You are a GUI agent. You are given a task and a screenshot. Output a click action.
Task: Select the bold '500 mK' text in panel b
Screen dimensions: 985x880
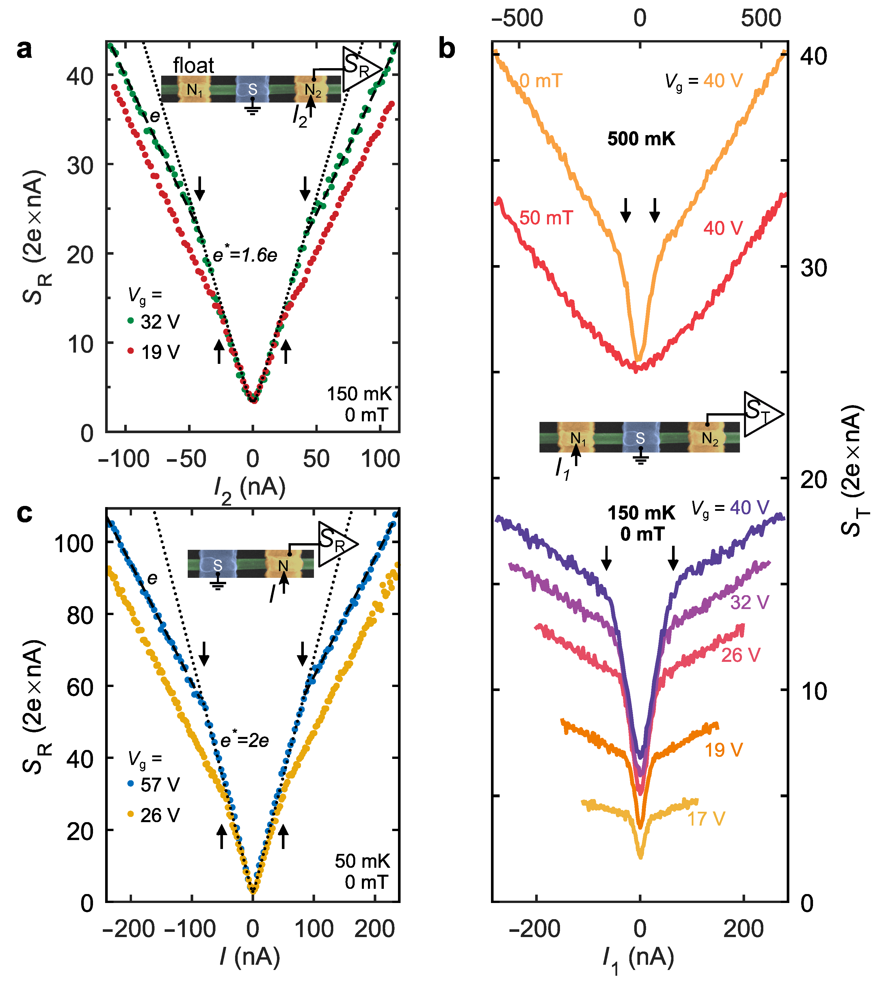(x=641, y=139)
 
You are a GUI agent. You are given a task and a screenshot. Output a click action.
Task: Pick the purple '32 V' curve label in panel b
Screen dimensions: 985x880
(x=749, y=602)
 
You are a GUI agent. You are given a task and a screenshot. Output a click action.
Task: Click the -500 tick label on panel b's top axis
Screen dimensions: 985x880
(x=517, y=18)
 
